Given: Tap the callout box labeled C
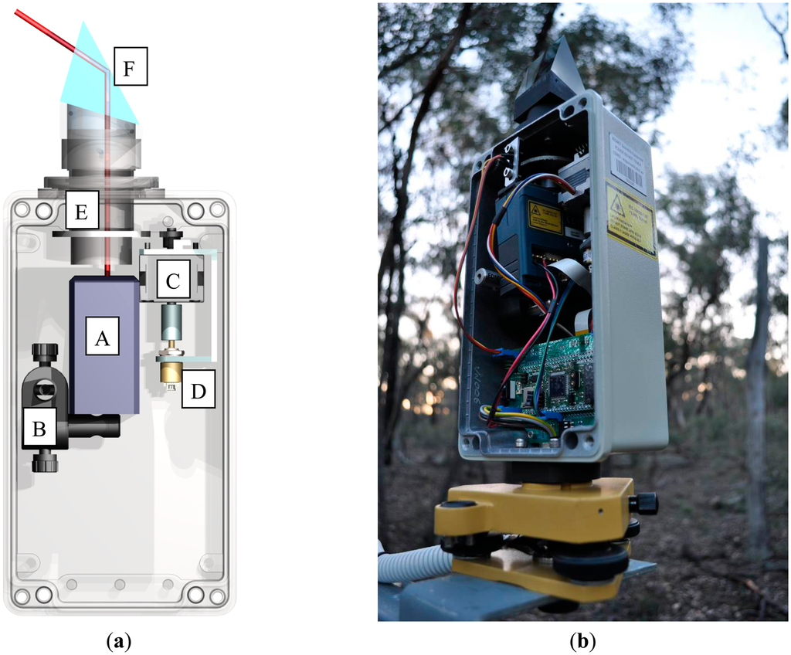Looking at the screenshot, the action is click(173, 282).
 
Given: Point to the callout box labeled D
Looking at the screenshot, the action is click(199, 391).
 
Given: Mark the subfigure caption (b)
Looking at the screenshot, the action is click(581, 640).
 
